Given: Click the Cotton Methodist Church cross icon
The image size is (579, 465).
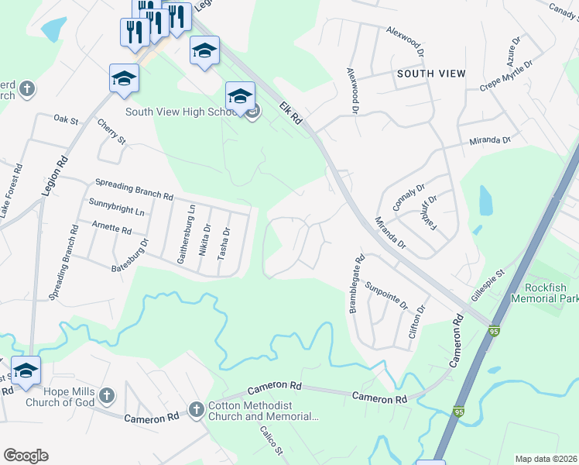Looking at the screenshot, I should click(196, 408).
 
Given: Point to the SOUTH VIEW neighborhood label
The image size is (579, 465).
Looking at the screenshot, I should click(431, 74).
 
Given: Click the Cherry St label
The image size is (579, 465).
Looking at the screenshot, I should click(111, 130).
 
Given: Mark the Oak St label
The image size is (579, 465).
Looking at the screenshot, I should click(67, 120).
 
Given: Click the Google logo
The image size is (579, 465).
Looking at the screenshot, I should click(26, 456).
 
